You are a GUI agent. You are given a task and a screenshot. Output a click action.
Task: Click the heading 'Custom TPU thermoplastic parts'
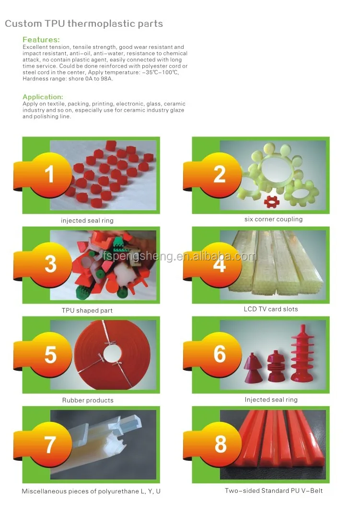coord(84,23)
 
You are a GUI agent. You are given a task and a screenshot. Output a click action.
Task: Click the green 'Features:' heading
coord(41,40)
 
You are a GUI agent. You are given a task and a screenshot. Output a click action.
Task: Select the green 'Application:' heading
coord(43,97)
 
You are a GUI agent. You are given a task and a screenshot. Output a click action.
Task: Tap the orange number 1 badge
coord(49,175)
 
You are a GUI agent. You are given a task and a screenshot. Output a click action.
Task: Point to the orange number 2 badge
coord(219,175)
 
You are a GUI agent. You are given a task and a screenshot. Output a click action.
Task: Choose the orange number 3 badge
coord(49,265)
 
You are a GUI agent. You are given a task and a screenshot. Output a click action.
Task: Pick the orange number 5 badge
coord(49,355)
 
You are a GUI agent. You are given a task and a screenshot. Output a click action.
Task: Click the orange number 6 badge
coord(219,355)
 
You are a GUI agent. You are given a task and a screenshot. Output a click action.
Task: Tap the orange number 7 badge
coord(49,445)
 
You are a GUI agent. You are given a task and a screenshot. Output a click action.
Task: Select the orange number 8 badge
coord(219,445)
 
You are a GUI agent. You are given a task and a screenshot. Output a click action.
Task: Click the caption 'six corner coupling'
coord(273,219)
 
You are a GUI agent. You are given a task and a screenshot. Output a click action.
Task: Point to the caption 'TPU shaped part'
coord(87,310)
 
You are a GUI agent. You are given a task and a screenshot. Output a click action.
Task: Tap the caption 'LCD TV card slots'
coord(271,309)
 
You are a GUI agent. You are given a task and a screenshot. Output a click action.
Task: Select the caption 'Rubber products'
coord(88,400)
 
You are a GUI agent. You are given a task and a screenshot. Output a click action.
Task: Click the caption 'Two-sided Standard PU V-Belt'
coord(274,490)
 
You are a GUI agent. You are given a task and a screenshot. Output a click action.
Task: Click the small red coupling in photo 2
coord(270,202)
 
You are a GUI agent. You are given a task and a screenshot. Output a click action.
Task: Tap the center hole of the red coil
coord(112,353)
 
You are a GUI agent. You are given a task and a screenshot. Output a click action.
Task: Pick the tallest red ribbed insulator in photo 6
coord(302,353)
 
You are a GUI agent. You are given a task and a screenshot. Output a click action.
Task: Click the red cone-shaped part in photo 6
coord(253,368)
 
